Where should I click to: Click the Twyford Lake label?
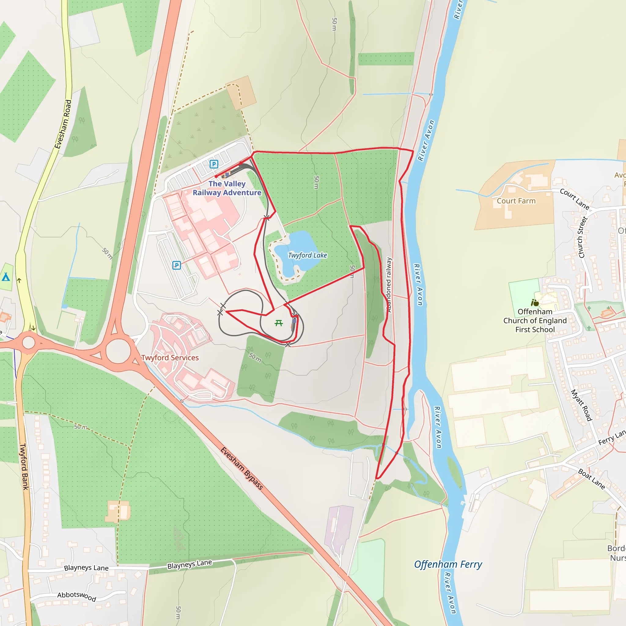point(307,255)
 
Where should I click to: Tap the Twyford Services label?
point(170,358)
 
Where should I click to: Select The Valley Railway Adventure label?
point(227,188)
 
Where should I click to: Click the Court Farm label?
point(516,201)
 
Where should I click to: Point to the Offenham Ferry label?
point(448,565)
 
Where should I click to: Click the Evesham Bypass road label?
point(242,468)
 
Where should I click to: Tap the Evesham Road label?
point(63,124)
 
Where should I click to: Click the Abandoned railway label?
point(389,285)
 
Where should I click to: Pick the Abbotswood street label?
point(77,596)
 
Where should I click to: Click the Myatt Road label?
point(582,405)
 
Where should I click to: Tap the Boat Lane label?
point(592,479)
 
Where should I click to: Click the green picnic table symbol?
point(279,323)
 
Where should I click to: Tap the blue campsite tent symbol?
point(6,277)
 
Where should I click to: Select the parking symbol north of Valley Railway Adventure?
point(214,164)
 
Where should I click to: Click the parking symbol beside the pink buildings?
point(177,265)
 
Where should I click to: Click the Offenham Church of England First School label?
point(535,320)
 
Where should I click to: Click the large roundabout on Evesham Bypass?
point(118,351)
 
